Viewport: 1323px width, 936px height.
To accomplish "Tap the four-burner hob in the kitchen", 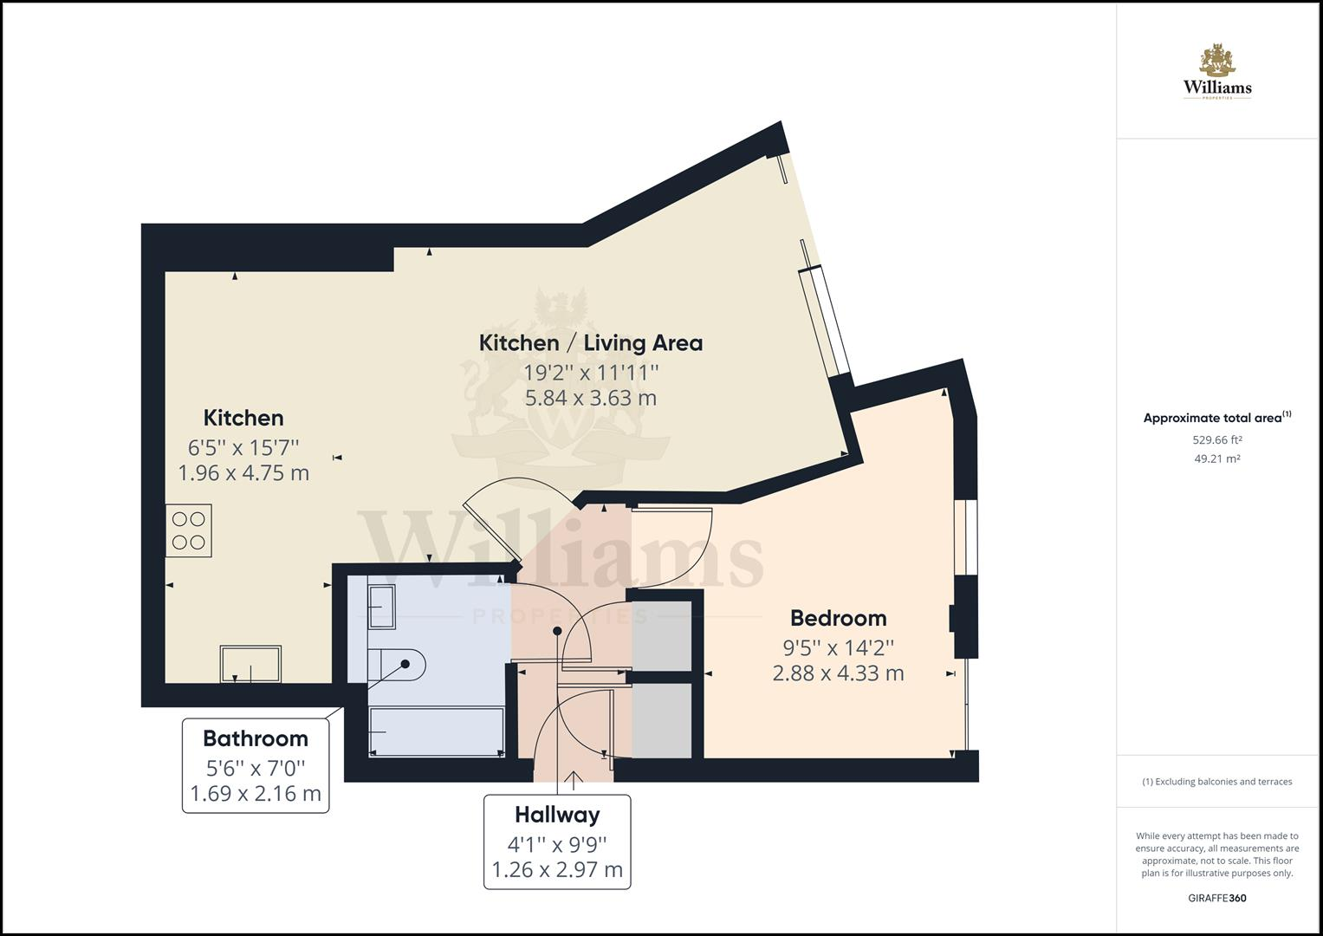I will click(x=189, y=530).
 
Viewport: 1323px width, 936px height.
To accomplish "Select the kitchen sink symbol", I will click(x=250, y=664).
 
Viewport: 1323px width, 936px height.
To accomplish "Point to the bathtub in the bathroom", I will click(x=436, y=731).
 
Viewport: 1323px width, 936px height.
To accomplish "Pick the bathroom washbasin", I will click(x=381, y=606).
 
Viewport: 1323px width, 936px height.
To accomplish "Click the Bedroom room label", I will click(x=838, y=618).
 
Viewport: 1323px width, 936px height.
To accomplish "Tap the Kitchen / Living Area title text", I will click(x=590, y=342).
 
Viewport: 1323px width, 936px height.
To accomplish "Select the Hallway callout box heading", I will click(x=557, y=815).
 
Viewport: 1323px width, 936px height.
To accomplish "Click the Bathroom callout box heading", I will click(x=255, y=738).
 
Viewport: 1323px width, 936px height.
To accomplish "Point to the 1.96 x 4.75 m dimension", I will click(x=243, y=473).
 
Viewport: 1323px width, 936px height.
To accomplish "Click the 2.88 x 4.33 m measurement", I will click(x=838, y=673).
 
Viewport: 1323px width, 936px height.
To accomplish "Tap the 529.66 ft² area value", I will click(x=1216, y=439).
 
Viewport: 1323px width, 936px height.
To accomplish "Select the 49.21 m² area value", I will click(x=1216, y=458).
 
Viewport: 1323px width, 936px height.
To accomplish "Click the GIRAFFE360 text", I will click(x=1216, y=898).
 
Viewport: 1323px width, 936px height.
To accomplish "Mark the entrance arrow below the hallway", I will click(x=573, y=780).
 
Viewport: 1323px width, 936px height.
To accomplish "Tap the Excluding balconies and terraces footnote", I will click(x=1216, y=782).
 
